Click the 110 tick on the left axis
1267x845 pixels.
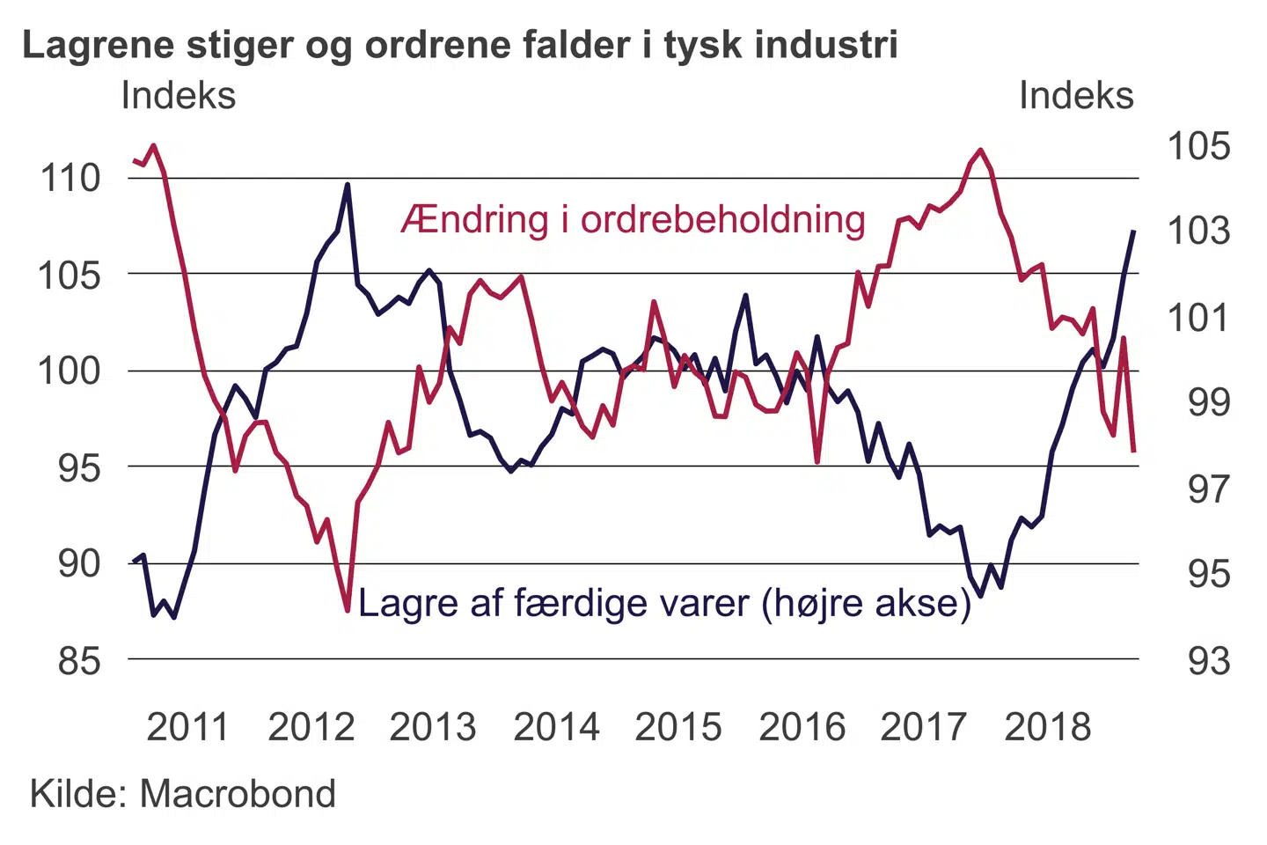(70, 178)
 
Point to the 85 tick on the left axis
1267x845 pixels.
(80, 660)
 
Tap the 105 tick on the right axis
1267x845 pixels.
(1198, 146)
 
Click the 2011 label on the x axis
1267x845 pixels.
(187, 727)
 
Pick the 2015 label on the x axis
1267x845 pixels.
(677, 727)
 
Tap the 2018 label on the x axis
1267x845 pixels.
(1047, 727)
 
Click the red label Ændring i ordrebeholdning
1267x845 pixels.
(633, 219)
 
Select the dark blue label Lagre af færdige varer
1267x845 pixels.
(664, 604)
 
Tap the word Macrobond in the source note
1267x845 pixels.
(238, 794)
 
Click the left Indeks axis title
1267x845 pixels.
(179, 95)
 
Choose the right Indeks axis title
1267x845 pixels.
(1076, 95)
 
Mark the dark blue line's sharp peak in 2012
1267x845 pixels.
(348, 185)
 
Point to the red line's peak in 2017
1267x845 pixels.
(981, 151)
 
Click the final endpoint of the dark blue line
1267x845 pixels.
(1133, 231)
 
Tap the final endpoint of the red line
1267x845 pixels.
(1134, 451)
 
